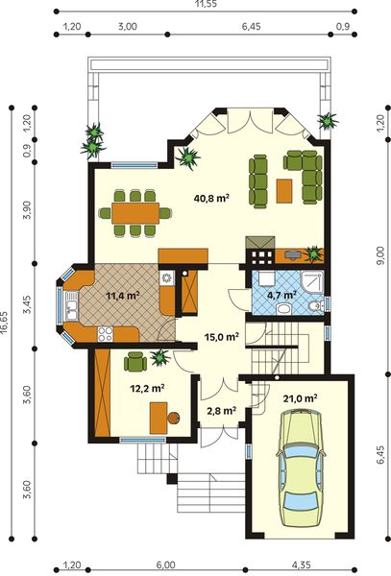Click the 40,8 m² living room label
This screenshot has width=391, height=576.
pyautogui.click(x=211, y=199)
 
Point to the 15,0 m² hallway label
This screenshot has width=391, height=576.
pyautogui.click(x=220, y=337)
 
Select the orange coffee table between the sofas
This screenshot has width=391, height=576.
pyautogui.click(x=283, y=190)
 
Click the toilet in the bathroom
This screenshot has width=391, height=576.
pyautogui.click(x=317, y=305)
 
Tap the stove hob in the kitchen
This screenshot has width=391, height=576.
pyautogui.click(x=105, y=333)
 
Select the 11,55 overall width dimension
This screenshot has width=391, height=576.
pyautogui.click(x=203, y=7)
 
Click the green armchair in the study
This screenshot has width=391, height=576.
pyautogui.click(x=134, y=361)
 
